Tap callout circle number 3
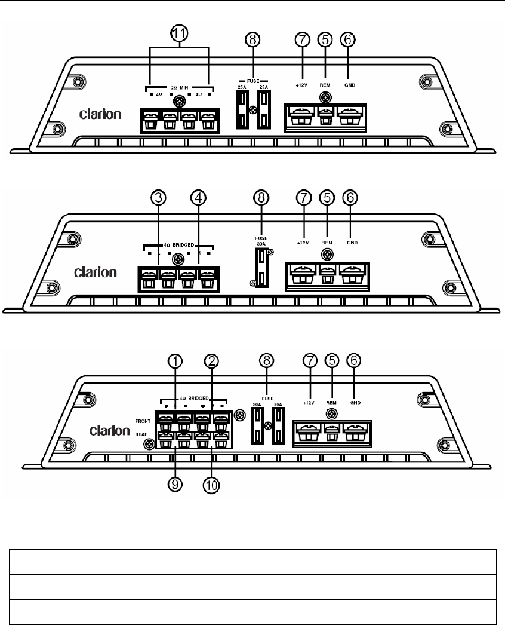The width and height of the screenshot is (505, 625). (x=158, y=198)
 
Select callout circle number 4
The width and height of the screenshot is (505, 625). (x=198, y=198)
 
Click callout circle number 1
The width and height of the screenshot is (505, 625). (x=175, y=361)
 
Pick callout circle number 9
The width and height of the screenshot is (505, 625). (x=174, y=485)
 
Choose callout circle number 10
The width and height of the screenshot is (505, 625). (x=211, y=485)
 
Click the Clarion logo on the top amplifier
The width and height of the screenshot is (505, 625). (x=101, y=114)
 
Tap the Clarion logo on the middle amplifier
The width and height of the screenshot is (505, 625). (x=95, y=273)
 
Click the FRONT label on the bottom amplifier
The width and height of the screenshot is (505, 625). (x=142, y=421)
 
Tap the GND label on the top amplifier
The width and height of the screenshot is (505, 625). (x=350, y=85)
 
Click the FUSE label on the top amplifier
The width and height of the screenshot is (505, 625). (x=252, y=79)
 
